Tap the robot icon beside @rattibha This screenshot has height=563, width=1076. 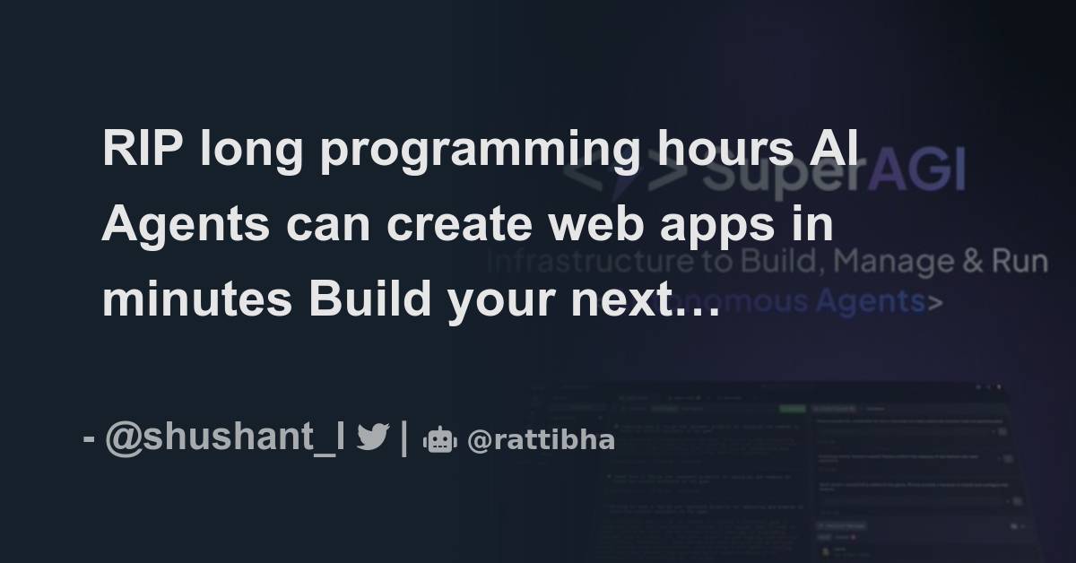pos(439,439)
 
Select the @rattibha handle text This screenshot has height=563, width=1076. pos(541,440)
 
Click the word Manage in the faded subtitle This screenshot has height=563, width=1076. pos(906,262)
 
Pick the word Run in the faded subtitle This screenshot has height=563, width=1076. pos(1020,262)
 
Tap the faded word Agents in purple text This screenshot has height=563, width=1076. pos(870,301)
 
